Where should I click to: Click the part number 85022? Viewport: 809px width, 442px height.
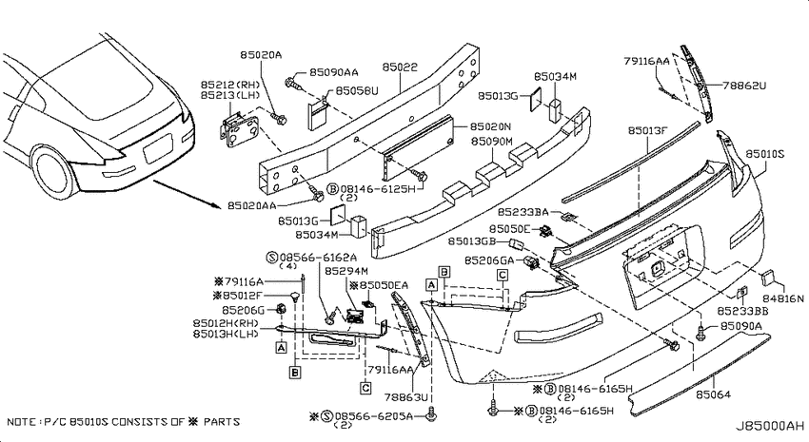tap(400, 67)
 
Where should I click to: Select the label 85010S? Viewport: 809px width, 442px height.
tap(765, 154)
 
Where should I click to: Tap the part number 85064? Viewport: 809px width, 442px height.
tap(714, 394)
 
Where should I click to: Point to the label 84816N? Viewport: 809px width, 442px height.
tap(783, 298)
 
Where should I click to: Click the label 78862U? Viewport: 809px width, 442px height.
tap(744, 86)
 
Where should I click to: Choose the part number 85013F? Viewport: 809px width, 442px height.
tap(647, 131)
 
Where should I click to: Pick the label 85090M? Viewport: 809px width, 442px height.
tap(492, 141)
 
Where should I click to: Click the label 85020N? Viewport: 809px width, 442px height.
tap(490, 126)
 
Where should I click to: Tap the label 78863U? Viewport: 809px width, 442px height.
tap(406, 397)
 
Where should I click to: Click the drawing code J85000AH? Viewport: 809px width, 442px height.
tap(769, 426)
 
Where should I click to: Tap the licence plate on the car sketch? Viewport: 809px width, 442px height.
tap(157, 147)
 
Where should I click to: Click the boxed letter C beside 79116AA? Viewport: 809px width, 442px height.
tap(365, 388)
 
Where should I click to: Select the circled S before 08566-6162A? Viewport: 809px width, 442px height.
tap(272, 257)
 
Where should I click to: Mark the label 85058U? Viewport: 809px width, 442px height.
tap(357, 91)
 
